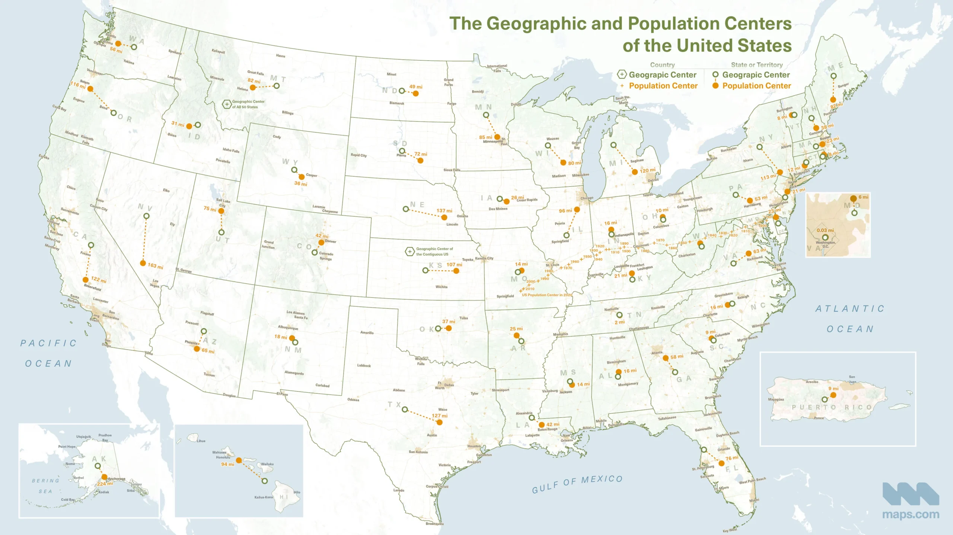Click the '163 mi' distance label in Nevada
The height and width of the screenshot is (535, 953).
click(155, 266)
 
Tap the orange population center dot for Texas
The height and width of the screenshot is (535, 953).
click(440, 422)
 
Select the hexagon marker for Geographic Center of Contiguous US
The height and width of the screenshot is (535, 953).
click(410, 252)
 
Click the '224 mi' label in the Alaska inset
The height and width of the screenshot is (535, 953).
click(105, 484)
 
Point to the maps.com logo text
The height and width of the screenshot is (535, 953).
click(911, 515)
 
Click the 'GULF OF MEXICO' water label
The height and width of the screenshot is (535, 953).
click(577, 484)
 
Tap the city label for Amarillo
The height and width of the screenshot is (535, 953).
click(367, 332)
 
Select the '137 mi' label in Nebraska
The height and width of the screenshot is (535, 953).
click(444, 211)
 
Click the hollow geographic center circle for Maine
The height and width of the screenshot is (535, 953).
click(834, 76)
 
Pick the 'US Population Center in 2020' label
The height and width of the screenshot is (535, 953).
click(547, 295)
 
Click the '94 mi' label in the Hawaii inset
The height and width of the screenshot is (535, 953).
click(227, 464)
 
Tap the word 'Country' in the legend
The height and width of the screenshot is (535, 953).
click(662, 65)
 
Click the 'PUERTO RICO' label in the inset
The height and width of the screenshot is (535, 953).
click(832, 407)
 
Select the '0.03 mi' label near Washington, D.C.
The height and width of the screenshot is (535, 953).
click(825, 230)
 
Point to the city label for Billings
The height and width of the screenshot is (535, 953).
click(287, 112)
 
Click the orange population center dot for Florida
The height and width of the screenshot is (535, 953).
click(721, 463)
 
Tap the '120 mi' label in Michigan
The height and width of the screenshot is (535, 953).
click(648, 171)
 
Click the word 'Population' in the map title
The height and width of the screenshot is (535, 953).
click(674, 23)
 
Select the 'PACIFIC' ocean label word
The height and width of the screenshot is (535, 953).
click(48, 343)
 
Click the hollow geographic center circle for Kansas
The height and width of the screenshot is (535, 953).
click(425, 270)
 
